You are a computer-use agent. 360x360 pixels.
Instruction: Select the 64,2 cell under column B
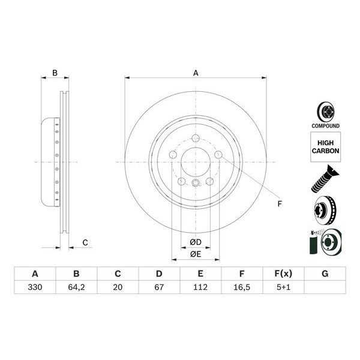(76, 287)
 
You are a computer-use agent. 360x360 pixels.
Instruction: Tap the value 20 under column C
(118, 287)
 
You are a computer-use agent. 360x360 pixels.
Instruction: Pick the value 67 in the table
(159, 287)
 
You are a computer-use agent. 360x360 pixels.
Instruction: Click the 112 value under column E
(200, 287)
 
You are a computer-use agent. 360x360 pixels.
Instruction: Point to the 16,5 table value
(242, 287)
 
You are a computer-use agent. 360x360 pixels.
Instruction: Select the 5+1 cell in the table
(283, 287)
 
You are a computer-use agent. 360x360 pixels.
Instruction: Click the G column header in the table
(325, 274)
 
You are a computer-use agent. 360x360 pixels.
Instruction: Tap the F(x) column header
(283, 274)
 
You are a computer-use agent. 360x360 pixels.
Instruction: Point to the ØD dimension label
(195, 242)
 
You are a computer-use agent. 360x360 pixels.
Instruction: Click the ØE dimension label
(195, 254)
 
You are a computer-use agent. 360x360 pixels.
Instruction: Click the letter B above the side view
(55, 73)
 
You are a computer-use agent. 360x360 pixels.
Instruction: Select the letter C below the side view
(85, 242)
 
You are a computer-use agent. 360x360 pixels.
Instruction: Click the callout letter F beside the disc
(279, 204)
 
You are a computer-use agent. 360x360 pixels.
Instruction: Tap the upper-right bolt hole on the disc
(218, 155)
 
